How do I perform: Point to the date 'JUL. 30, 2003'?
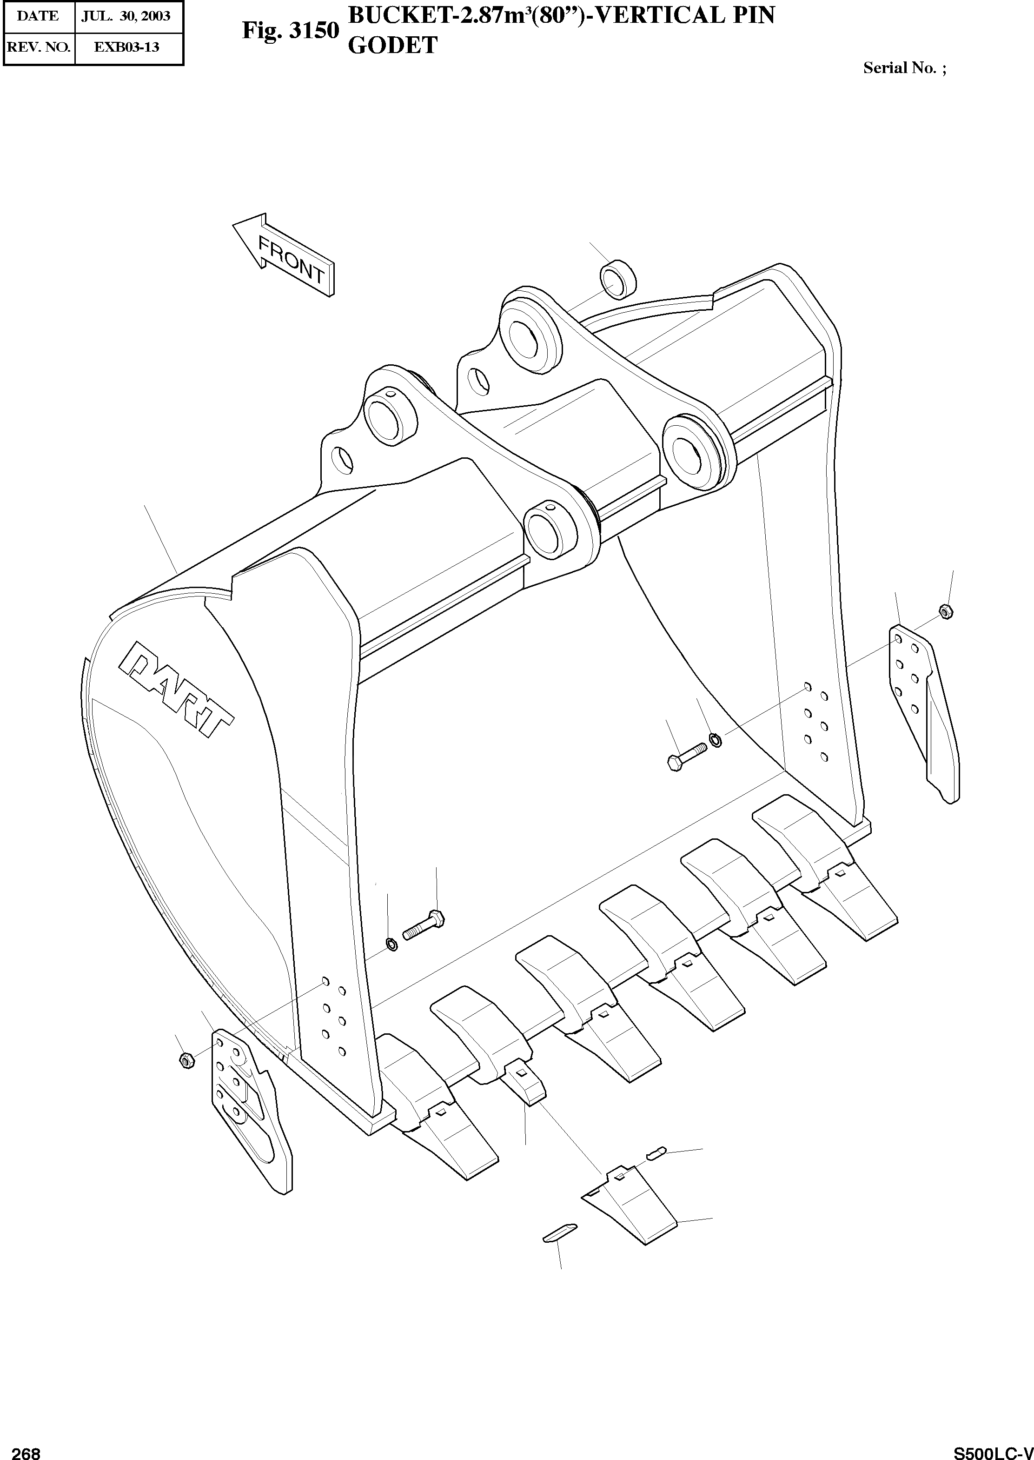pos(126,16)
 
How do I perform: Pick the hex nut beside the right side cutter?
pos(946,611)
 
